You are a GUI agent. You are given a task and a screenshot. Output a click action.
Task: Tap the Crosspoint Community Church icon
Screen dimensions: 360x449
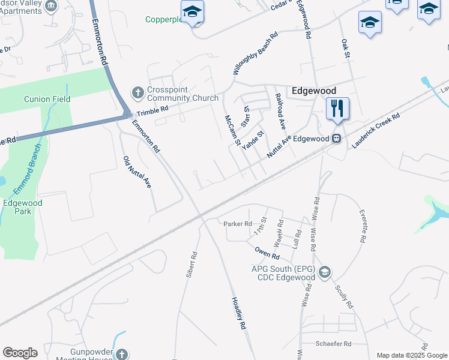tap(136, 94)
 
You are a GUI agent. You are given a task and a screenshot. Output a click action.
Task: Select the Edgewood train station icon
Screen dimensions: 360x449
tap(337, 139)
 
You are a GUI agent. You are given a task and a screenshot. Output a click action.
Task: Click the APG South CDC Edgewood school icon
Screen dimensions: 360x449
tap(325, 273)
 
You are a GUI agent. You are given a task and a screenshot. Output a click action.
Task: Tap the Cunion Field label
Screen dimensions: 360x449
tap(47, 99)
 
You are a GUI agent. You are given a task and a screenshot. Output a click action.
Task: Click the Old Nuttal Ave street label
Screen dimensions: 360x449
tap(136, 173)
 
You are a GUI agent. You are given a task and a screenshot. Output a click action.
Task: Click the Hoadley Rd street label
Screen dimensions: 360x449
tap(240, 314)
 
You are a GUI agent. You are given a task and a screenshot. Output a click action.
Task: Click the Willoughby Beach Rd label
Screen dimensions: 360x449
tap(256, 53)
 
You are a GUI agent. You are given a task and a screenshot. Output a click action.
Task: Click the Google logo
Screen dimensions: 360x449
tap(20, 353)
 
